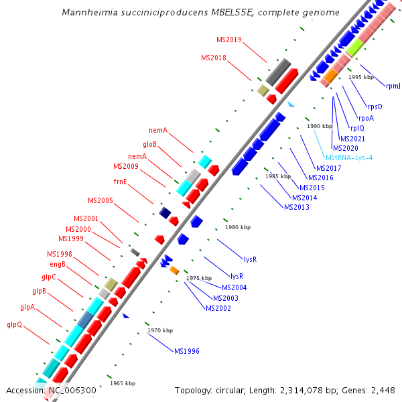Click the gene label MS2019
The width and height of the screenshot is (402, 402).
(229, 40)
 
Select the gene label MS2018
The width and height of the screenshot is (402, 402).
(214, 58)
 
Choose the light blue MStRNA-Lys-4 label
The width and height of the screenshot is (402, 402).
(349, 157)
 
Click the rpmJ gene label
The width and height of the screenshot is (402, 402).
(393, 86)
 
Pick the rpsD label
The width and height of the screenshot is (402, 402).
(375, 107)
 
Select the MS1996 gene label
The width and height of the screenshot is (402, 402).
(187, 351)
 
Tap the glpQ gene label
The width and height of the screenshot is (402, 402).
(15, 325)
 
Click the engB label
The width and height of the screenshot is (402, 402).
(58, 264)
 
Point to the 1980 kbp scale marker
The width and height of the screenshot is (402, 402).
(238, 227)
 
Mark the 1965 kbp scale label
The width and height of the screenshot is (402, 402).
(122, 383)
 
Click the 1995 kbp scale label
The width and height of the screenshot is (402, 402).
(361, 77)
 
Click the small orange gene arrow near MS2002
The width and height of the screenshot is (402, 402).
(174, 270)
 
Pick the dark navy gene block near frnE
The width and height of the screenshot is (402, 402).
(165, 212)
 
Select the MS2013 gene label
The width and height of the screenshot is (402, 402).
(297, 207)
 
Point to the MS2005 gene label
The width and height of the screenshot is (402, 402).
(100, 200)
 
